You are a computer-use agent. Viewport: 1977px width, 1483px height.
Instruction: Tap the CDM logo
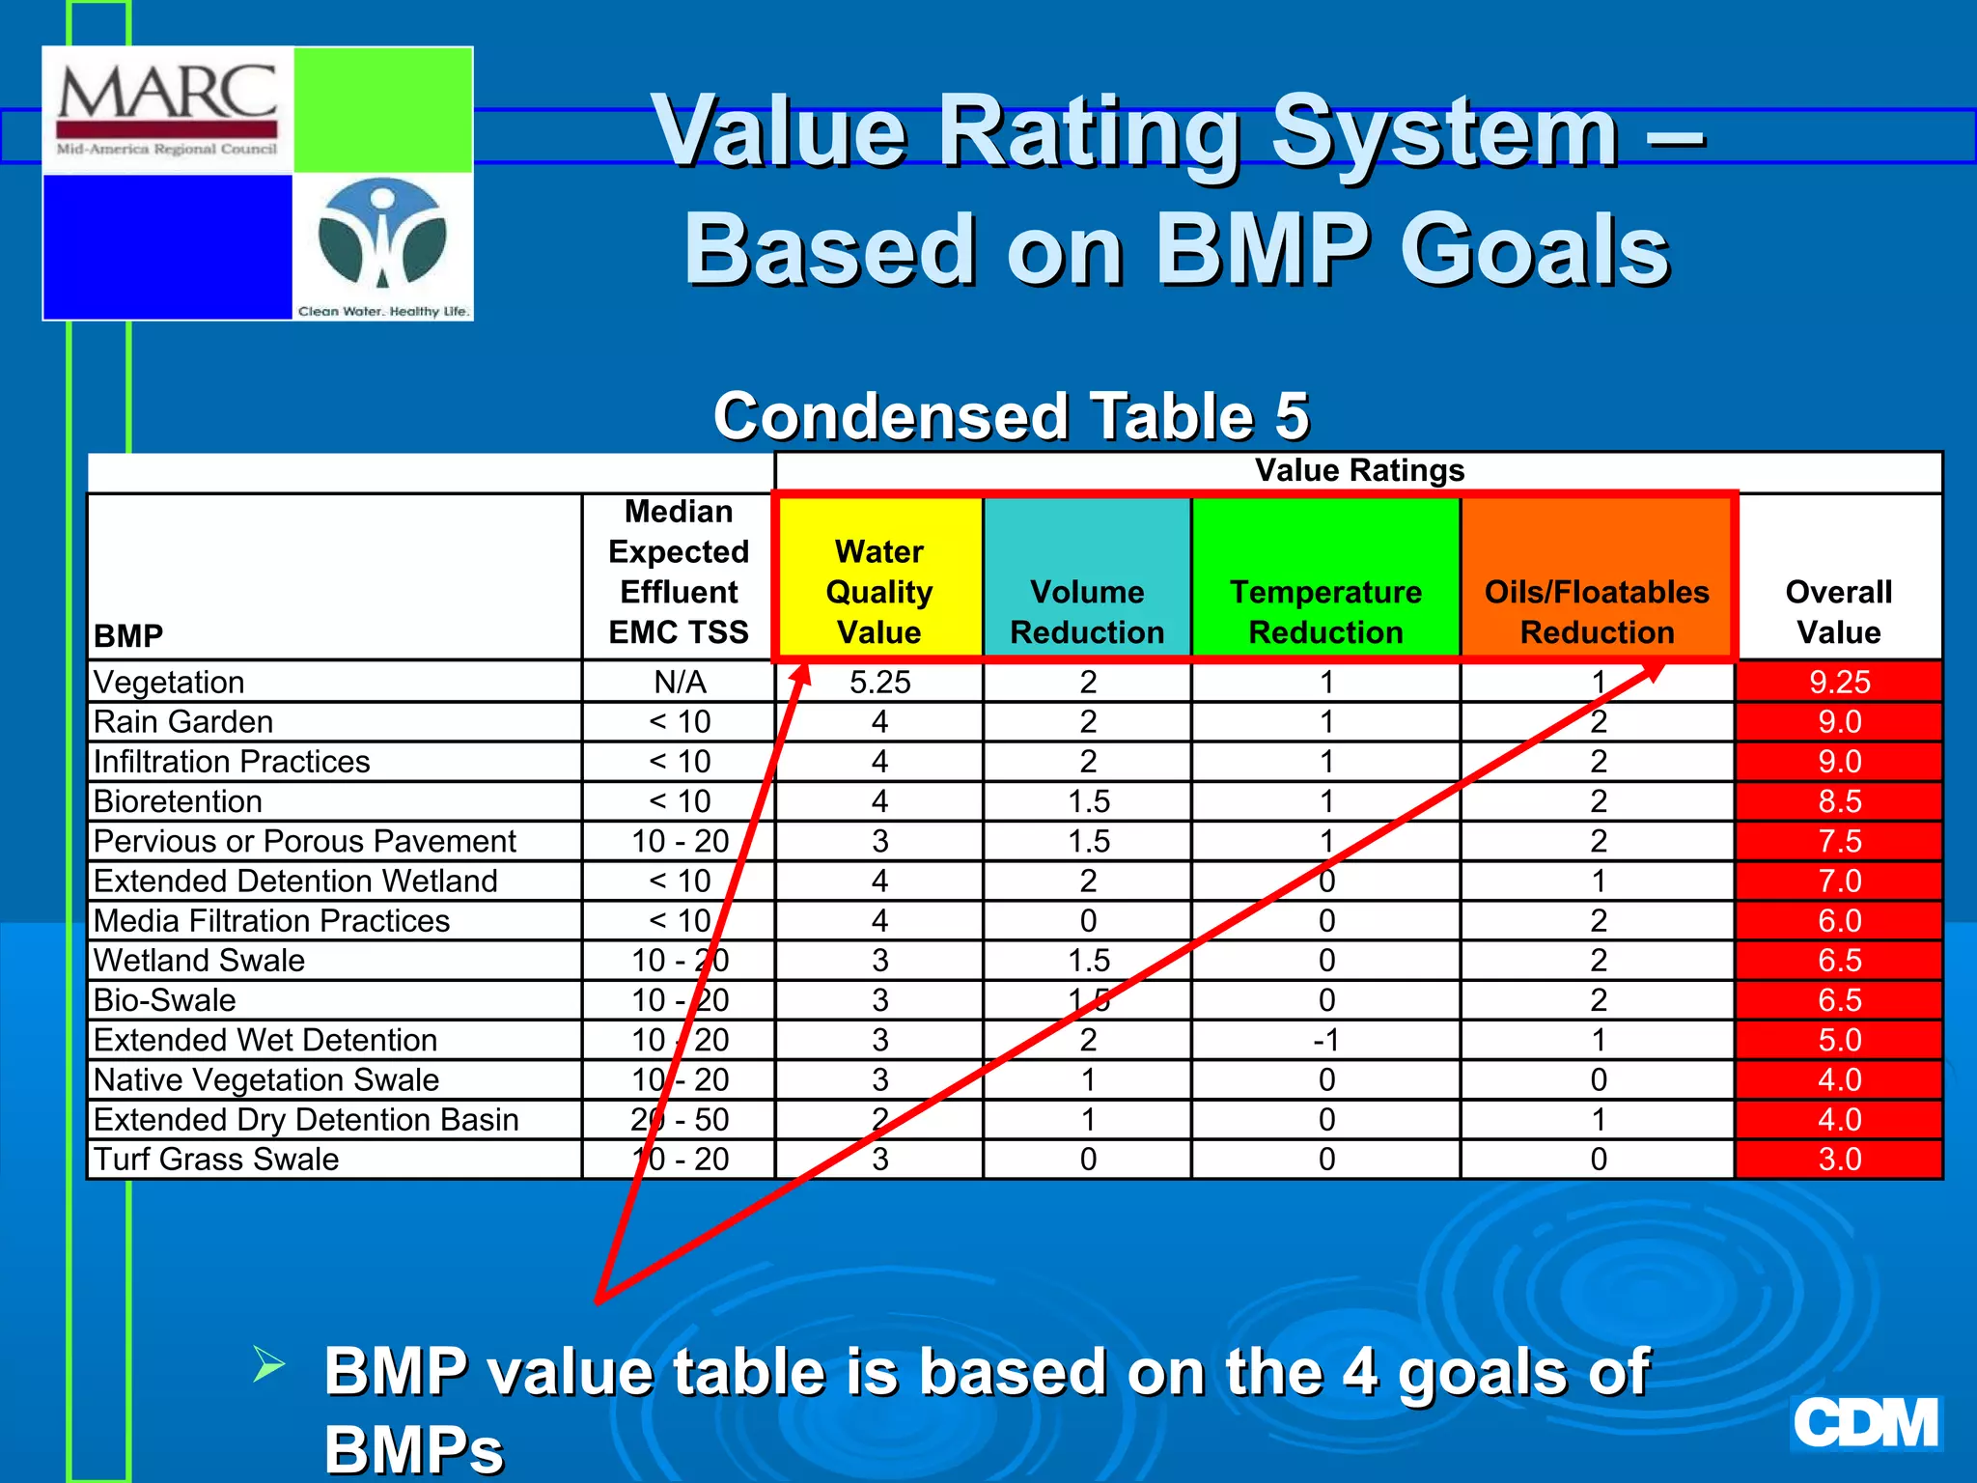click(x=1865, y=1423)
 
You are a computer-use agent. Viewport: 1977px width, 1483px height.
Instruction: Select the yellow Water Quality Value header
click(x=878, y=591)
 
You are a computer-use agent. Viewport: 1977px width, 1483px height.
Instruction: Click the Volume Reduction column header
click(x=1087, y=611)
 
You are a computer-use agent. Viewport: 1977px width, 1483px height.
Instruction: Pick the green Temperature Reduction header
click(x=1325, y=611)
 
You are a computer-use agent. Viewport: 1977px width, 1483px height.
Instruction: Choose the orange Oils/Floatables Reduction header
click(x=1597, y=611)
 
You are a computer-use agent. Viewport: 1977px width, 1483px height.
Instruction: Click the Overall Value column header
click(x=1838, y=611)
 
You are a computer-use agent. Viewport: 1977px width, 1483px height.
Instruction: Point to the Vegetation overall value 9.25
click(x=1839, y=682)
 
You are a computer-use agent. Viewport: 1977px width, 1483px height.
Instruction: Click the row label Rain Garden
click(x=183, y=721)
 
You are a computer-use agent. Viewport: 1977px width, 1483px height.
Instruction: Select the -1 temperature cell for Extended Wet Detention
click(x=1326, y=1040)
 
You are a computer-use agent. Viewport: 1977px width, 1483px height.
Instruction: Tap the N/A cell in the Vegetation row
click(x=680, y=682)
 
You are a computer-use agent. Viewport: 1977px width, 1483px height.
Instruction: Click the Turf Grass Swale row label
click(x=216, y=1159)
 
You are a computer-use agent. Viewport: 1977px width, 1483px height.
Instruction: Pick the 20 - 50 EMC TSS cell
click(x=680, y=1119)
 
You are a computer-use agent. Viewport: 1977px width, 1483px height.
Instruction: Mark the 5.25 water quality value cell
click(x=879, y=682)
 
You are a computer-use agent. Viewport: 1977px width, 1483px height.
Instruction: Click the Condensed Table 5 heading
click(x=1011, y=416)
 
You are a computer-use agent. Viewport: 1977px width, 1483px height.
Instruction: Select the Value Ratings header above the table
click(x=1359, y=470)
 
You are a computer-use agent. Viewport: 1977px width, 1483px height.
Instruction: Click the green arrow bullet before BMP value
click(x=268, y=1364)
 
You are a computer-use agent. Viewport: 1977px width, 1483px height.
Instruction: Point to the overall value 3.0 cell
click(x=1839, y=1159)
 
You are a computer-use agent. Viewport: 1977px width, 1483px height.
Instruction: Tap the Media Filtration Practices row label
click(x=271, y=920)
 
